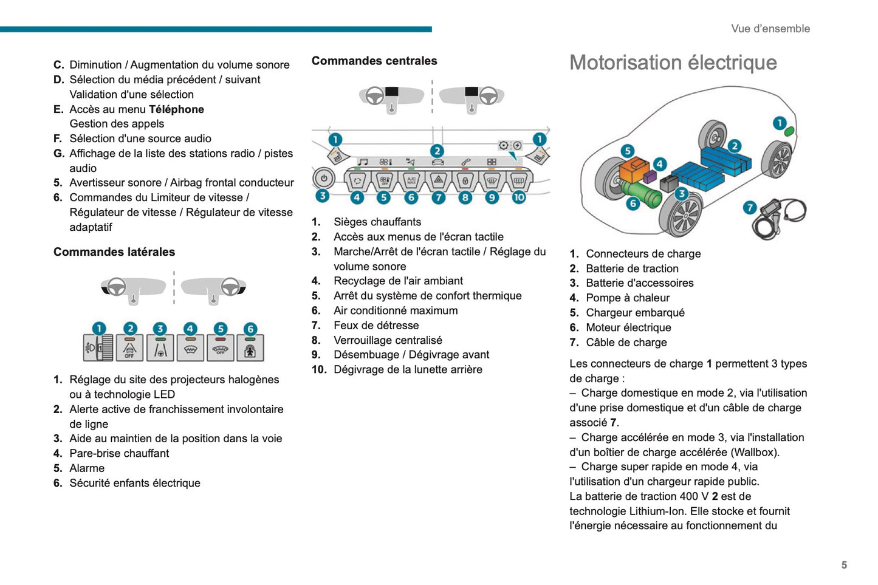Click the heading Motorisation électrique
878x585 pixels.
pos(673,63)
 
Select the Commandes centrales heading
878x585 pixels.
pos(374,61)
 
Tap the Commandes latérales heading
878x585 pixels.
pos(114,252)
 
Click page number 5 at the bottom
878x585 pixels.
pos(844,565)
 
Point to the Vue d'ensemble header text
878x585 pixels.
pos(770,29)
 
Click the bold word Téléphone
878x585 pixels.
pos(176,109)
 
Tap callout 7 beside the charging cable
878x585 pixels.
pos(750,208)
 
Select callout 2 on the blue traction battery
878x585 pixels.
pos(735,146)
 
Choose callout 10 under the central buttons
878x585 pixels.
pos(518,197)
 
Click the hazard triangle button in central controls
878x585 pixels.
pos(438,180)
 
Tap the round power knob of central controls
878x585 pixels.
pos(323,179)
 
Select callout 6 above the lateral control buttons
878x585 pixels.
pos(250,329)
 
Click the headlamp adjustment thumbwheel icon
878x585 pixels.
pos(98,348)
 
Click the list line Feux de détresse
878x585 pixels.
pos(376,326)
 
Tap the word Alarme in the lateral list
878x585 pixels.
pos(87,468)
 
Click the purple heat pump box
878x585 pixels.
pos(650,177)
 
